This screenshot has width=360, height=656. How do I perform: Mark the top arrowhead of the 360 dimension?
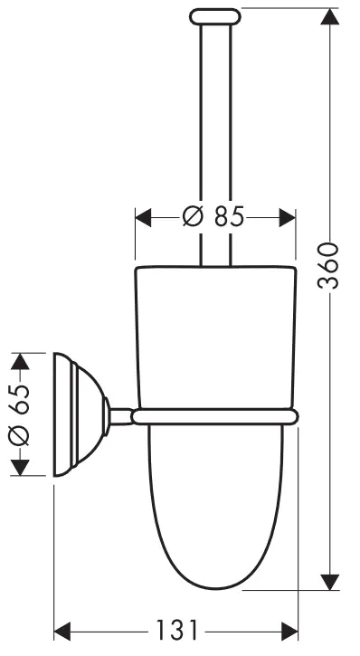coord(331,18)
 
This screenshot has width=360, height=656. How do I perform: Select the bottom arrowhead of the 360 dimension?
coord(331,579)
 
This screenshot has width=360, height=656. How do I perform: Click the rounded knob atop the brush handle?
coord(214,15)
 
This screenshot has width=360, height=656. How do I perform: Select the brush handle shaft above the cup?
coord(214,136)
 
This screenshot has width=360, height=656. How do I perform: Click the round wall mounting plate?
coord(69,415)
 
